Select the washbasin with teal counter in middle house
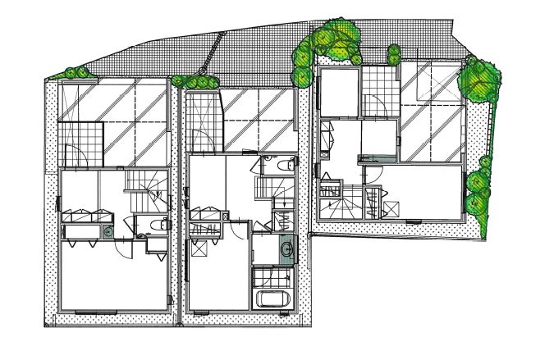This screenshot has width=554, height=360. (283, 249)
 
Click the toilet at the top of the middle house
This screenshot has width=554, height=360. (283, 166)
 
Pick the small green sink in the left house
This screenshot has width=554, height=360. (108, 232)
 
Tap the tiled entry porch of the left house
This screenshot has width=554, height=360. (80, 142)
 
